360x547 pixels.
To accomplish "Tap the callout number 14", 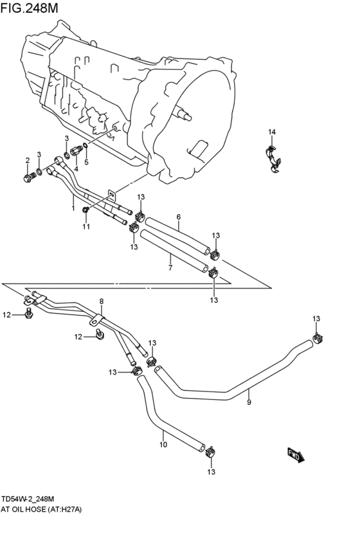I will click(x=272, y=132).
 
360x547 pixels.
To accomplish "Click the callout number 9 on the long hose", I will click(x=249, y=402).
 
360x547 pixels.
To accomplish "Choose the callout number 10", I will click(x=163, y=444).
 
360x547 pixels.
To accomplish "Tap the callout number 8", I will click(x=101, y=301).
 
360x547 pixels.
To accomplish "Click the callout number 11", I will click(x=85, y=227).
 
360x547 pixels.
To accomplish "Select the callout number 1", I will click(x=73, y=208).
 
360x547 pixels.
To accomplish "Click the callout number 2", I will click(x=28, y=160).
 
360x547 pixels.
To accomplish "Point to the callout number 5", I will click(x=86, y=162).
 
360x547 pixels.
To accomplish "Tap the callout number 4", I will click(x=76, y=169).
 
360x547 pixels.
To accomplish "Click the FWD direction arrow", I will click(x=296, y=455).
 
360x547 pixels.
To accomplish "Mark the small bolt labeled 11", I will click(x=86, y=210).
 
